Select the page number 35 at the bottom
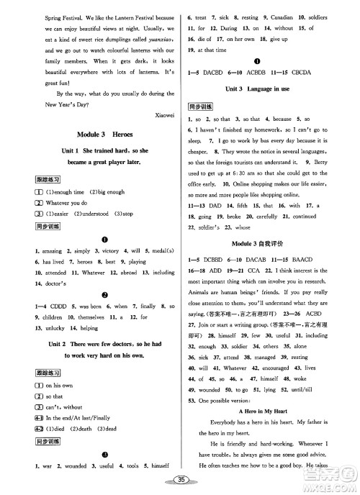[x=181, y=481]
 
